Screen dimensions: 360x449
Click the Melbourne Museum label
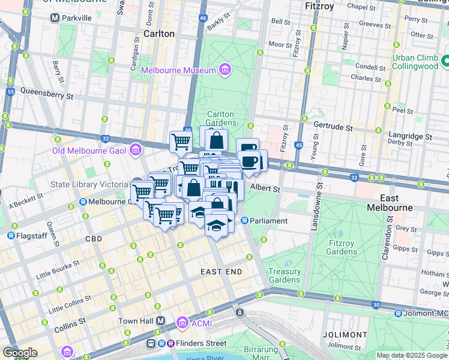pos(178,71)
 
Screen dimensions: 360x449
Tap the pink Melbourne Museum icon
pos(224,70)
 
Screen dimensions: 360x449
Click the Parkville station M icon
pos(55,18)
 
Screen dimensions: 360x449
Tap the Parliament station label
pos(270,221)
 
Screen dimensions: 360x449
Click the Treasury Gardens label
pos(285,275)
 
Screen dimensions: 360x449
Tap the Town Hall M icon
pos(160,321)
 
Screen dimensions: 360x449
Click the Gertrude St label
pos(334,127)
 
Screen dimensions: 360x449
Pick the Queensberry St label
pos(46,93)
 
